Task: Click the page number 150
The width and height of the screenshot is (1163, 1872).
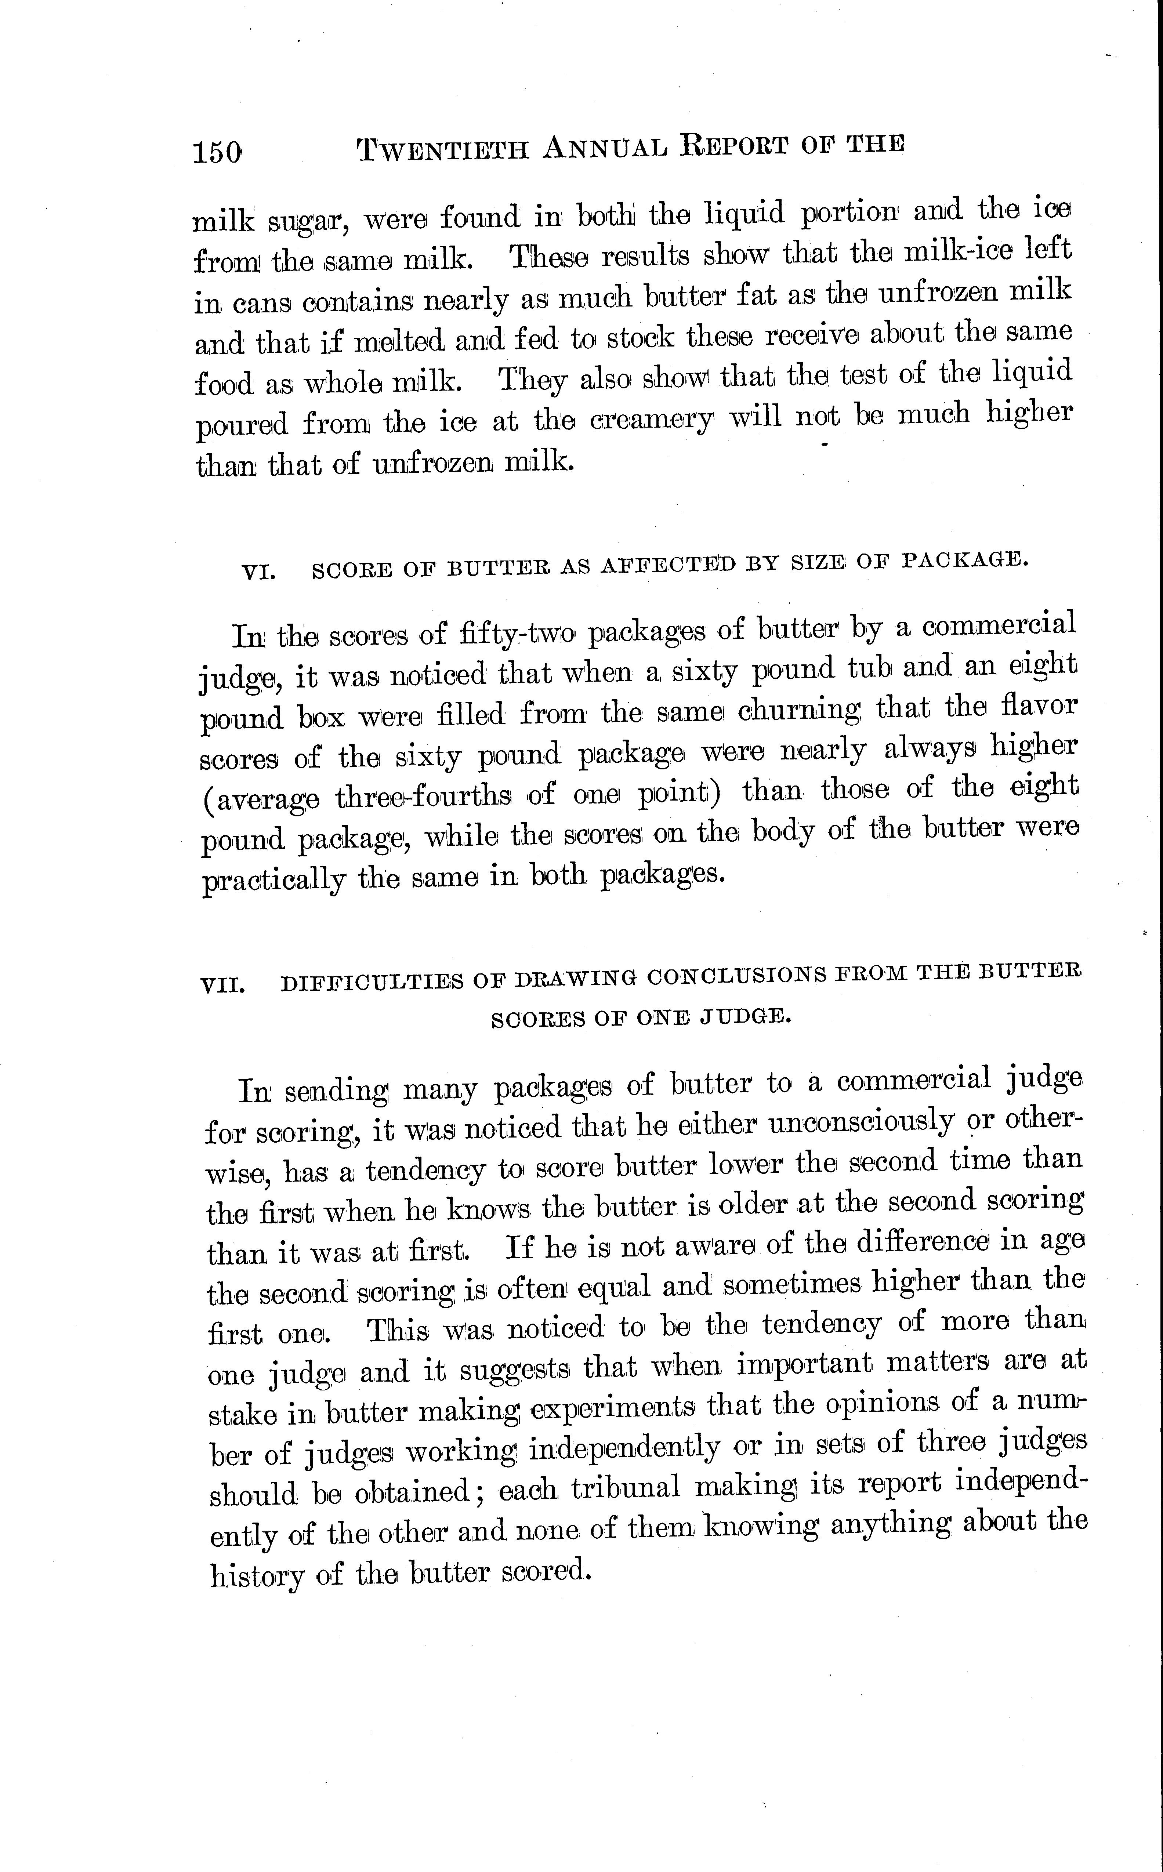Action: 218,152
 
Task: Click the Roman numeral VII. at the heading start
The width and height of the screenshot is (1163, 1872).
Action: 222,984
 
